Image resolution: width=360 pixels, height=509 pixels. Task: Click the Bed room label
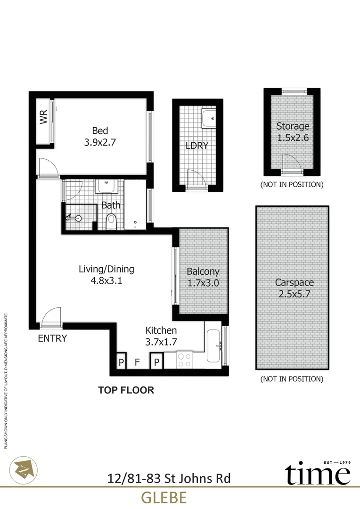[100, 131]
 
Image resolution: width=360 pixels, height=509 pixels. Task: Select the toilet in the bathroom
[111, 221]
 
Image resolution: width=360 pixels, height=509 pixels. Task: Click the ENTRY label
[52, 338]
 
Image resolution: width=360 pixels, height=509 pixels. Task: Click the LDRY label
[197, 146]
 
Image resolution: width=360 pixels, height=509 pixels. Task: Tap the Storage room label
[293, 126]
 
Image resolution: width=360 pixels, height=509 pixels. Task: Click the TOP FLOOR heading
[126, 390]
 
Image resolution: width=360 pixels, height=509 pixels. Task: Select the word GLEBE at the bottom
[164, 497]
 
